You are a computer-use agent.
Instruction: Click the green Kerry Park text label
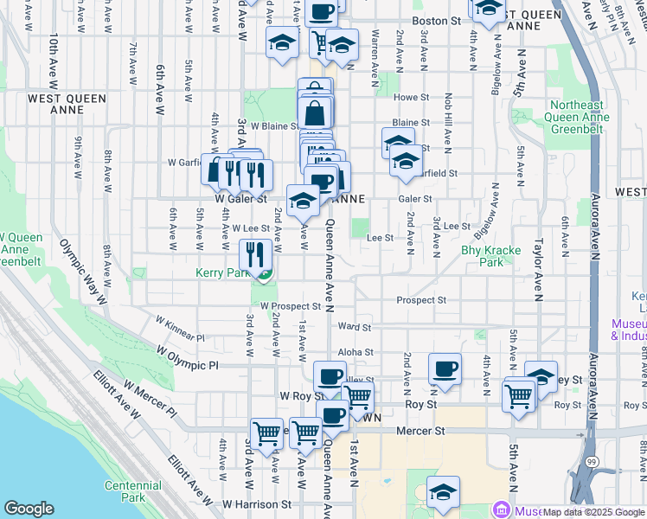(221, 272)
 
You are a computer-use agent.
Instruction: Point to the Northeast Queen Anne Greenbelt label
(585, 117)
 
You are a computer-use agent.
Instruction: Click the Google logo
(29, 509)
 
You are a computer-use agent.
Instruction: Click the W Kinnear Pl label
(180, 328)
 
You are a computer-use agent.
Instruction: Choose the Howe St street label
(412, 98)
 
